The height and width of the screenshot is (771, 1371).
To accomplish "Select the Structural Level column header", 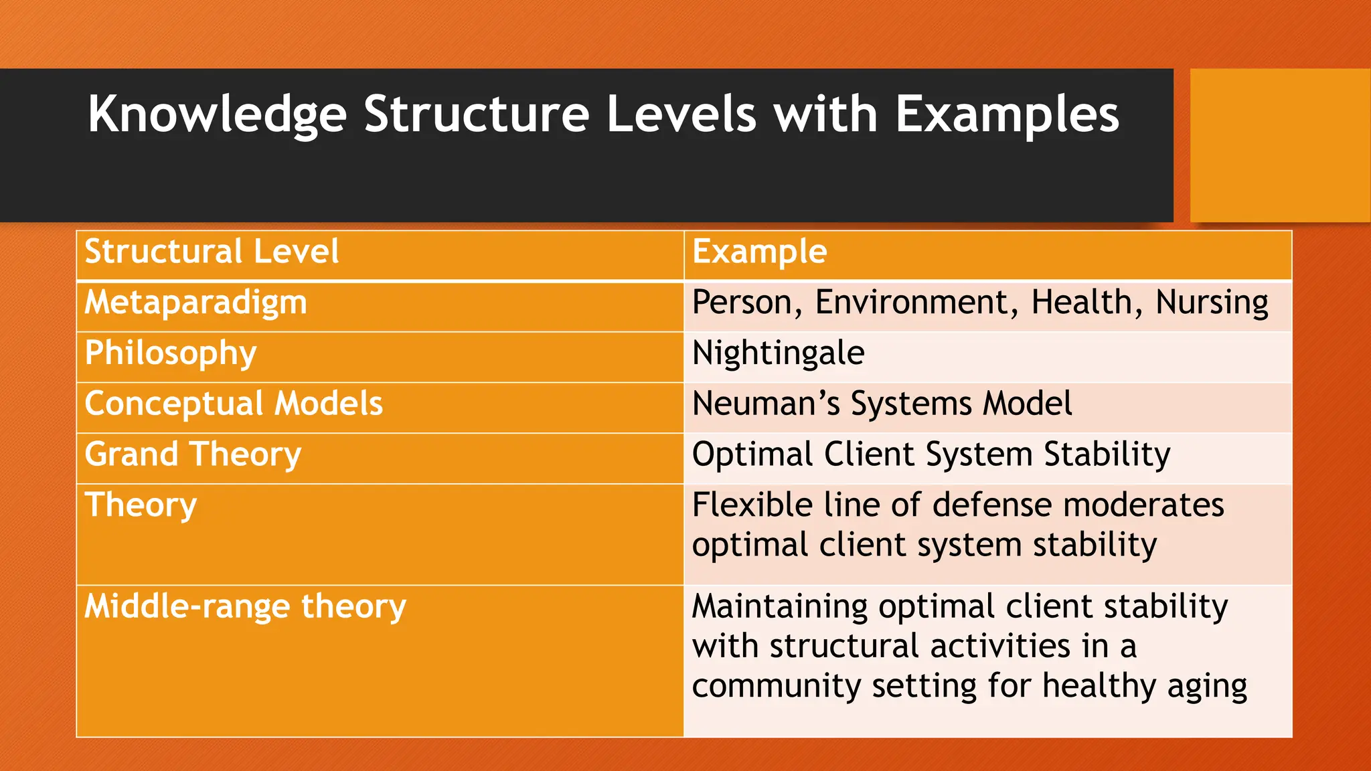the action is (212, 252).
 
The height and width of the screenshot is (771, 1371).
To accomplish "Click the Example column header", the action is (759, 252).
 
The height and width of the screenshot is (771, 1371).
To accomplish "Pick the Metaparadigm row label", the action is (195, 303).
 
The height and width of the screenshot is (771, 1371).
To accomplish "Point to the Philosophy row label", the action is (171, 353).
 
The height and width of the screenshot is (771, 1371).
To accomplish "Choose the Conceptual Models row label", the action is (234, 404).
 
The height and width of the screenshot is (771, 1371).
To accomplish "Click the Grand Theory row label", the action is (193, 455).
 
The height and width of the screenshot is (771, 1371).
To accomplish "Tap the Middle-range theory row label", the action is (245, 607).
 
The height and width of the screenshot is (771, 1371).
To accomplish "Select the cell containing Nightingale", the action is (778, 353).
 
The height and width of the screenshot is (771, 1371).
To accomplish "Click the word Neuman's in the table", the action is (766, 404).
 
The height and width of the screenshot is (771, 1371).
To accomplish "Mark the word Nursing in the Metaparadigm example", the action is (1212, 303).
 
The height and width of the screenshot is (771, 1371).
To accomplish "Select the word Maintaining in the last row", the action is (780, 607).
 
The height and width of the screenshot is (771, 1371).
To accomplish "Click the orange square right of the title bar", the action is (1279, 145).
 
